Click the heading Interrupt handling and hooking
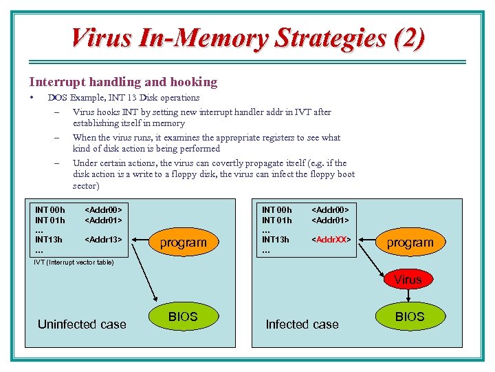coord(123,82)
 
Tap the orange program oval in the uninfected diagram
coord(183,242)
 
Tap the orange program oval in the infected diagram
coord(410,242)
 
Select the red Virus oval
coord(408,280)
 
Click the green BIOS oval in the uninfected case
coord(183,317)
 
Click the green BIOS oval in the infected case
coord(410,317)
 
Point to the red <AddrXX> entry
coord(331,240)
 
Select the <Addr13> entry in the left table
coord(103,240)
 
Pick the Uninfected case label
coord(82,324)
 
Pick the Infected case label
coord(302,324)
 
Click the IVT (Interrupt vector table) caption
coord(74,262)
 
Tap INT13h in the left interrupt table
coord(48,240)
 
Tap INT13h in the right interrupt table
coord(275,240)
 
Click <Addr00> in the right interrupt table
coord(331,210)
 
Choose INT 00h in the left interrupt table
coord(49,210)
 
